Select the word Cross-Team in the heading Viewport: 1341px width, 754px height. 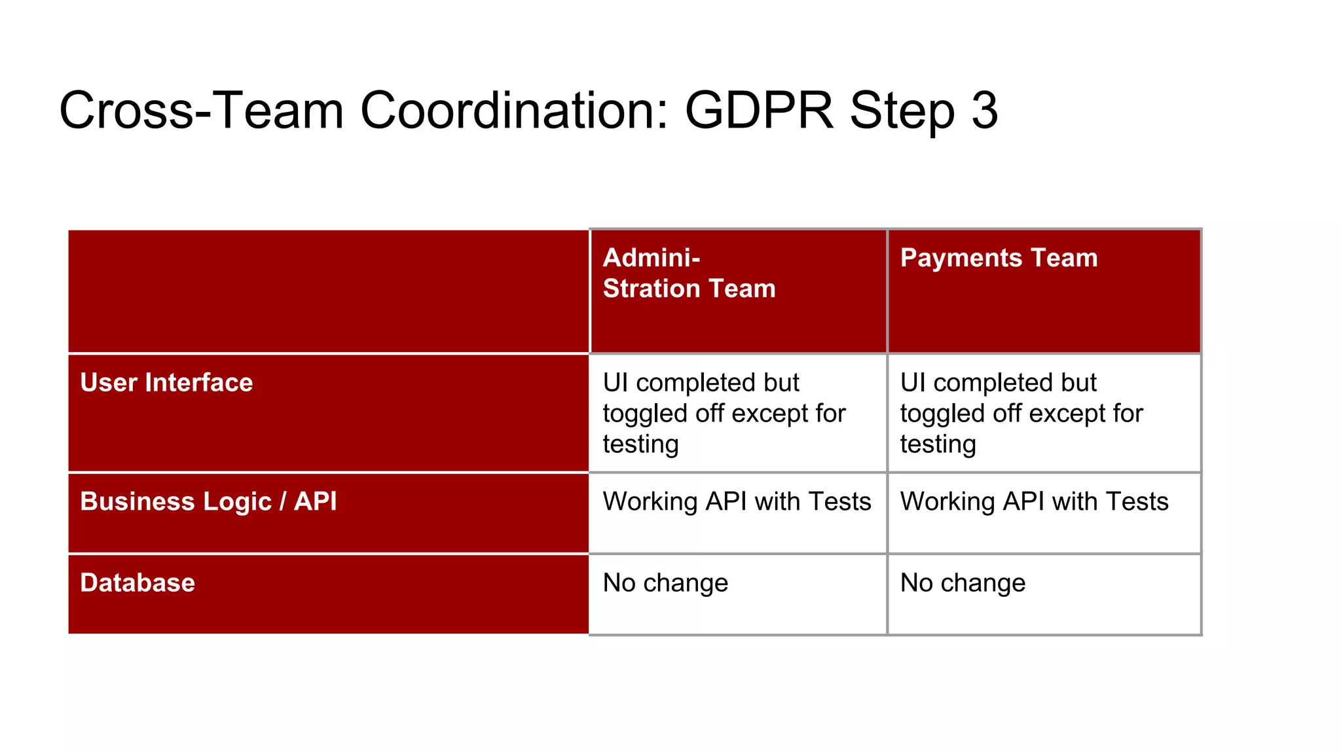pos(201,110)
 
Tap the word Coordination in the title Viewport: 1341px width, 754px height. pos(514,110)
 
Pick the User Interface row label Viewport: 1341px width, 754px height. pos(166,383)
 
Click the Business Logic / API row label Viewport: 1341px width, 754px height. pos(208,502)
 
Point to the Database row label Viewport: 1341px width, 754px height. pos(138,583)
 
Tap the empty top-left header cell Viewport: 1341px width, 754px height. pos(328,291)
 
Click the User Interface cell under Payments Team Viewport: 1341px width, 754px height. pos(1044,413)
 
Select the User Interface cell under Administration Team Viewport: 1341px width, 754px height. pos(738,413)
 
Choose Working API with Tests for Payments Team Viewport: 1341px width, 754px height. pos(1035,502)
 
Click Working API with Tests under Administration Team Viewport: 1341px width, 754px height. pos(737,502)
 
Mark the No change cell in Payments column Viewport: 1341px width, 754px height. pos(963,583)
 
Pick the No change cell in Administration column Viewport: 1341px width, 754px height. pos(665,583)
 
